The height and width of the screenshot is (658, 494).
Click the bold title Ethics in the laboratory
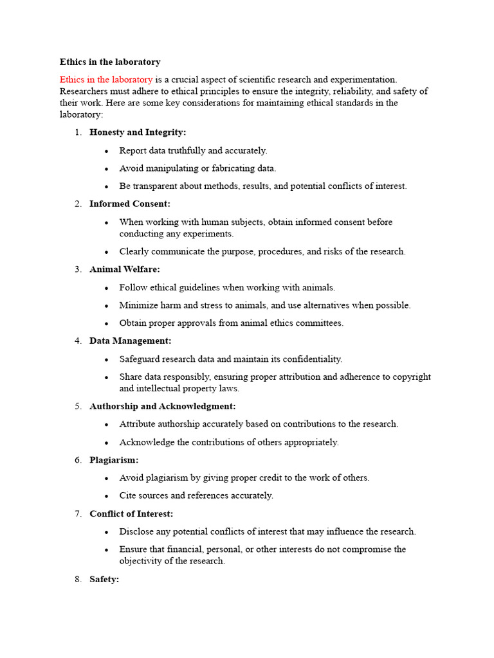pos(110,62)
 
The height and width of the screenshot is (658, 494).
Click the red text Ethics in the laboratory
pos(106,80)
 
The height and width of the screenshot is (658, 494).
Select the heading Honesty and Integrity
pos(138,132)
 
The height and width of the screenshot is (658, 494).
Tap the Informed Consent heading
pos(130,204)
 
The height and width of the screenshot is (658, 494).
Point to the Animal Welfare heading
pos(125,269)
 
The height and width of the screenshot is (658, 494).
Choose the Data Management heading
pos(131,341)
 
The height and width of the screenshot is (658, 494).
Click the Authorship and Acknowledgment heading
pos(163,406)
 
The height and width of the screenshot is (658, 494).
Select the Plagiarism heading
pos(114,460)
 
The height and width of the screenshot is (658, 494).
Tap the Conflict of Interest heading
pos(131,513)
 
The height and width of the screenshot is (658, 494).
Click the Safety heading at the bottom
pos(104,579)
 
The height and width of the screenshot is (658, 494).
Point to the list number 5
pos(77,406)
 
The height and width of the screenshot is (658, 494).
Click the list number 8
pos(77,579)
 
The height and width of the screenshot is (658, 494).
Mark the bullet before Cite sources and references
pos(106,496)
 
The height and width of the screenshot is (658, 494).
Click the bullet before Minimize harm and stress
pos(106,306)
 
